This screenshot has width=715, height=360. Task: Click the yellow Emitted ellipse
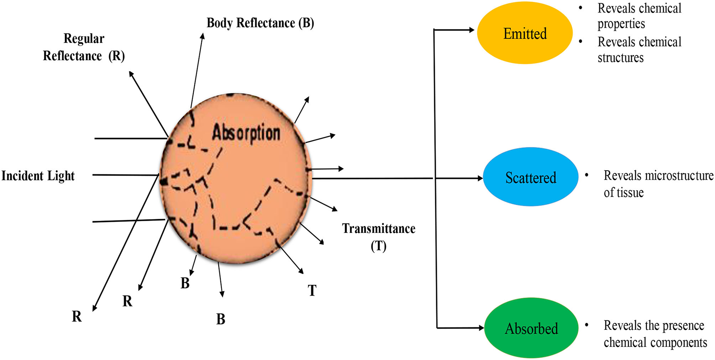click(525, 33)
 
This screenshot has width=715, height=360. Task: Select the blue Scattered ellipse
click(530, 178)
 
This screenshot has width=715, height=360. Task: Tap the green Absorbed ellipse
click(531, 329)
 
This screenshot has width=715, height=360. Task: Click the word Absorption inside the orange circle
click(246, 133)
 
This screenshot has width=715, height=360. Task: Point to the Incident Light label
click(38, 176)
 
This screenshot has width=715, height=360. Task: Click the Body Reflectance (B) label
click(260, 23)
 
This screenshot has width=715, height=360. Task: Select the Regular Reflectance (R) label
click(84, 47)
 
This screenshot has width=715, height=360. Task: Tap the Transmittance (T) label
click(378, 237)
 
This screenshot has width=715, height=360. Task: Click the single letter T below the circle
click(312, 291)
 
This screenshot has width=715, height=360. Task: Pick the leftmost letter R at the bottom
click(77, 316)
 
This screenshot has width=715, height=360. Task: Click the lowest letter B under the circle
click(221, 319)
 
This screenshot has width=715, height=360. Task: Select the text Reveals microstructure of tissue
click(658, 184)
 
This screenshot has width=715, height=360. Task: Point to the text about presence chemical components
click(654, 334)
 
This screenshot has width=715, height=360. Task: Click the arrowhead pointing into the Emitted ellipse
click(471, 30)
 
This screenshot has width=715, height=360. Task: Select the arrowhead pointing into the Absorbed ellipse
click(481, 328)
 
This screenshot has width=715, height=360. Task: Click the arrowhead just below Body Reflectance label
click(203, 36)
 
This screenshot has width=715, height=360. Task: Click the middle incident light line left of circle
click(125, 175)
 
